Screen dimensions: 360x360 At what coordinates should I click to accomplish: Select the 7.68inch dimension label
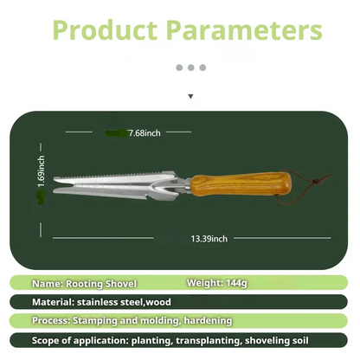coord(145,133)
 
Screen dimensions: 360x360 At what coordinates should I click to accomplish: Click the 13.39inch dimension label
coord(209,238)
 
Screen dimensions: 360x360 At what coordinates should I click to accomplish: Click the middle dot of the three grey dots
coord(191,67)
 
